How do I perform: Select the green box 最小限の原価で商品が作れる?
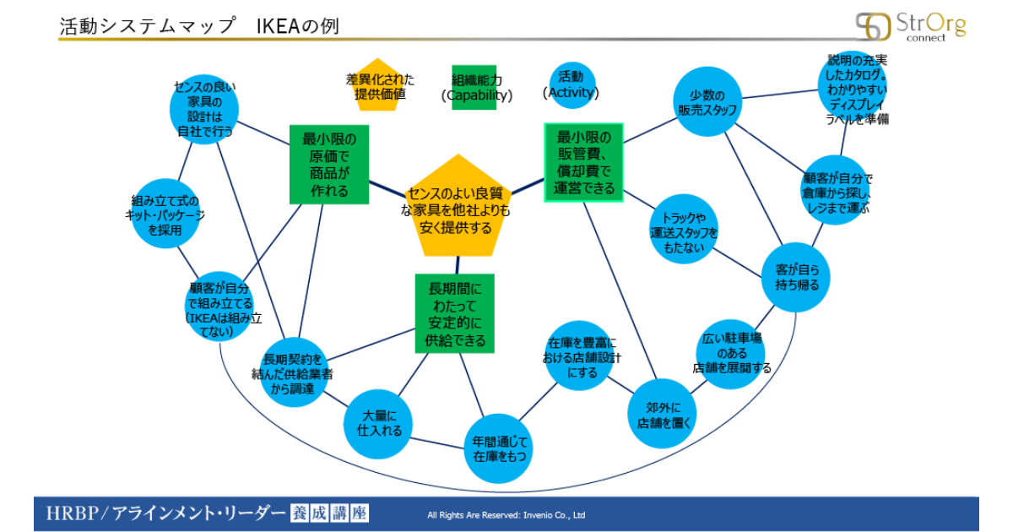[x=329, y=165]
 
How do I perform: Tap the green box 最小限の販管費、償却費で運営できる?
[x=583, y=162]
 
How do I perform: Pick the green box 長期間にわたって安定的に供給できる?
[x=454, y=313]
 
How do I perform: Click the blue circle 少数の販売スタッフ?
[x=707, y=102]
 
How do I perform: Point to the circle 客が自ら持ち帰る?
[x=796, y=277]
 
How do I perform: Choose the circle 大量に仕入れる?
[x=378, y=424]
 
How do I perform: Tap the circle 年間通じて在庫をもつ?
[x=499, y=448]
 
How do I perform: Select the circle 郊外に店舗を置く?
[x=662, y=414]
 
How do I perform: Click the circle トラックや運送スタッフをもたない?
[x=684, y=229]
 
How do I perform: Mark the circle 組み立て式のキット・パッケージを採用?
[x=165, y=214]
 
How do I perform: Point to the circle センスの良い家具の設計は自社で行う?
[x=204, y=109]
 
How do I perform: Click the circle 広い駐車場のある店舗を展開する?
[x=731, y=354]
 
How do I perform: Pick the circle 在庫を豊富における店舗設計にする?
[x=579, y=356]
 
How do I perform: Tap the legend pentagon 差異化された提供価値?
[x=377, y=85]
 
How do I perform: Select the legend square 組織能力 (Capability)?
[x=474, y=87]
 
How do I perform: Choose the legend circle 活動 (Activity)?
[x=572, y=85]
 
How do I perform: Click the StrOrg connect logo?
[x=911, y=27]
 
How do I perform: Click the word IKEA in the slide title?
[x=278, y=26]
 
